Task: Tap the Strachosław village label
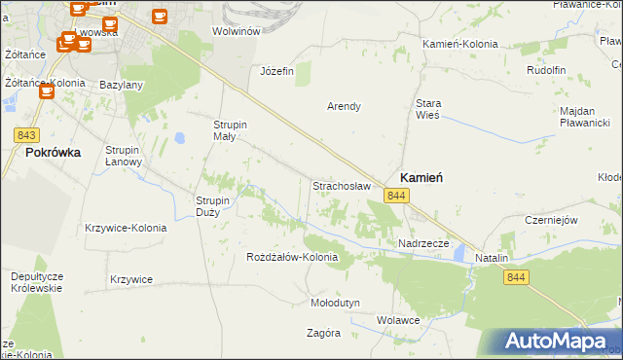[342, 185]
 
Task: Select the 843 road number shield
[28, 135]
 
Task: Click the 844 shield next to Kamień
[395, 197]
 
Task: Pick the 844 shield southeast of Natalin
[517, 278]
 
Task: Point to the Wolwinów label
[236, 31]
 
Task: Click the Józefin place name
[276, 71]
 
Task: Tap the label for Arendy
[344, 106]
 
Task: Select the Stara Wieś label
[428, 108]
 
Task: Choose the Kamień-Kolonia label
[460, 45]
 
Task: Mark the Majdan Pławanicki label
[584, 117]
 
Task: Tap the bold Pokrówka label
[54, 153]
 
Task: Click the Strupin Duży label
[212, 206]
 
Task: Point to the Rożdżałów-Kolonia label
[292, 258]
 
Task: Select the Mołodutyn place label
[335, 303]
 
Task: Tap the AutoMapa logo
[555, 342]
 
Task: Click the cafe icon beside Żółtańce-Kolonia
[46, 90]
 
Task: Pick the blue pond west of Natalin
[458, 255]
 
